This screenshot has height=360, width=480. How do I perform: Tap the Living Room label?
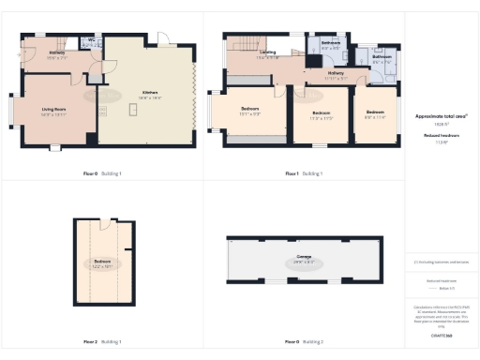pyautogui.click(x=53, y=112)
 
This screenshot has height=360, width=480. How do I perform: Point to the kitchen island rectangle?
pyautogui.click(x=133, y=110)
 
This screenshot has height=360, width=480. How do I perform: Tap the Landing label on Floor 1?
pyautogui.click(x=268, y=54)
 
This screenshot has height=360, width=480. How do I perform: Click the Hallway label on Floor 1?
pyautogui.click(x=336, y=74)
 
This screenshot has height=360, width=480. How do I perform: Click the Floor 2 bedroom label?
pyautogui.click(x=102, y=262)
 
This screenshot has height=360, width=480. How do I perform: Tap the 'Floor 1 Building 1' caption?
pyautogui.click(x=304, y=173)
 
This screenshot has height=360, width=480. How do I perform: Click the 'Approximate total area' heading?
pyautogui.click(x=441, y=116)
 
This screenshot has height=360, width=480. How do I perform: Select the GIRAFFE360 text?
pyautogui.click(x=441, y=334)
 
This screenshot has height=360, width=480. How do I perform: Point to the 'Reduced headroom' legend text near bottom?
pyautogui.click(x=441, y=279)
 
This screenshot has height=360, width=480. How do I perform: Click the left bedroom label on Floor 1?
pyautogui.click(x=249, y=112)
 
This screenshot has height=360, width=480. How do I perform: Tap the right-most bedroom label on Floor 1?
pyautogui.click(x=374, y=115)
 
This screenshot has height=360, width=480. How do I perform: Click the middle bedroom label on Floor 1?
pyautogui.click(x=322, y=116)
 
